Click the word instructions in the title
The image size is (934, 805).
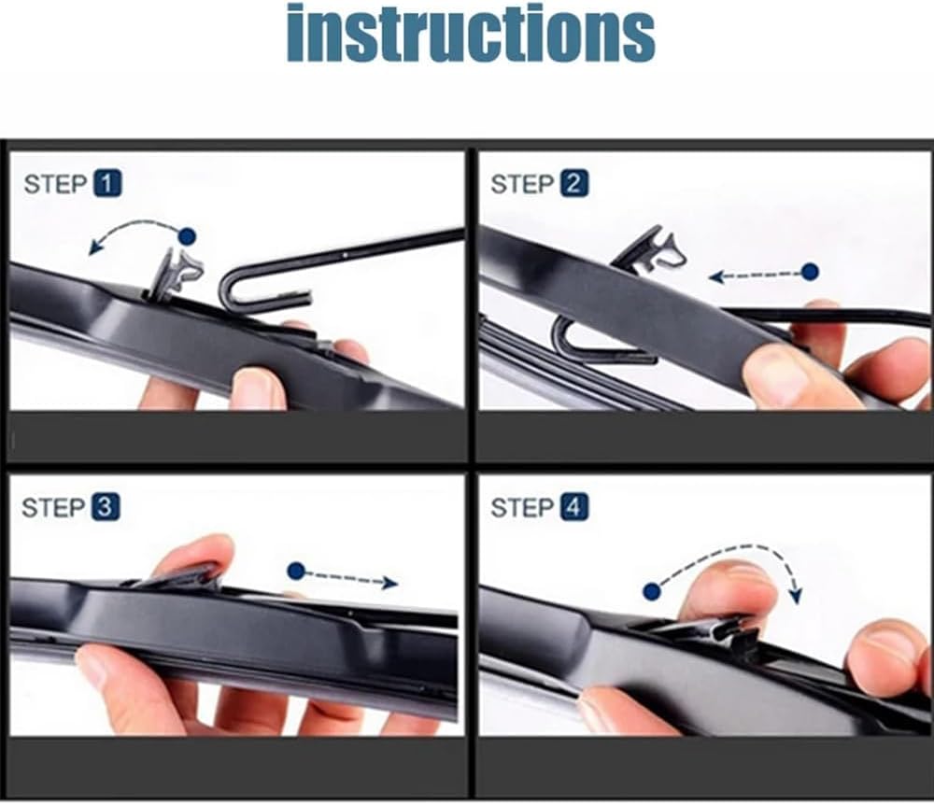point(471,33)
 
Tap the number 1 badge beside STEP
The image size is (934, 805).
point(107,183)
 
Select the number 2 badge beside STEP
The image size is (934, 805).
point(573,183)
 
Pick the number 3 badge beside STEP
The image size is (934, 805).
point(106,507)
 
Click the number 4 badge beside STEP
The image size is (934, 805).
point(573,507)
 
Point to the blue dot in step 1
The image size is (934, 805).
point(187,236)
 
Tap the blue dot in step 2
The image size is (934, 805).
point(810,272)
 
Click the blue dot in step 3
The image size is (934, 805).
point(296,572)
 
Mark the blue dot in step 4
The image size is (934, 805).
point(652,591)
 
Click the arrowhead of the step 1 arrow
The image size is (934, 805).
point(94,247)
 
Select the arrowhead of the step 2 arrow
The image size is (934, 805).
point(716,276)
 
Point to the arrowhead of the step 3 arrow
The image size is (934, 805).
point(390,583)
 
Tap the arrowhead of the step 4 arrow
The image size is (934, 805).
point(795,595)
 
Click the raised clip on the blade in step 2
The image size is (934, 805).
point(649,250)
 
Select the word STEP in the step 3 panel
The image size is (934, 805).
point(54,508)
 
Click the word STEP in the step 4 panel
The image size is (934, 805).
point(522,508)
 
